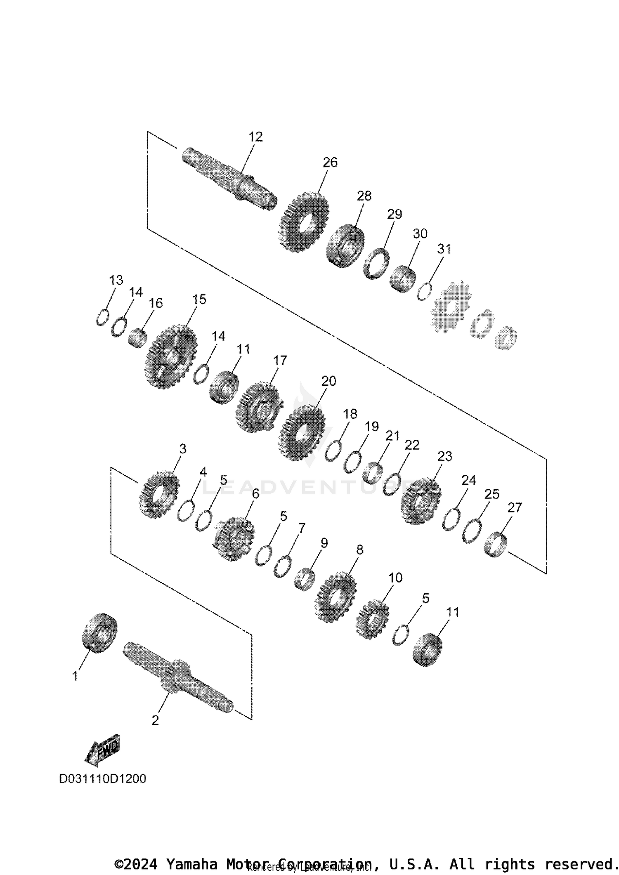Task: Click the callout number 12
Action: tap(255, 137)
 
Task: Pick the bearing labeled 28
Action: tap(345, 246)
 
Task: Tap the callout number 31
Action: tap(444, 249)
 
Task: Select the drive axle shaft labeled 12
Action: tap(229, 178)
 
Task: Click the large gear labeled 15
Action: tap(170, 356)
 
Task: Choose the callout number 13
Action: tap(116, 281)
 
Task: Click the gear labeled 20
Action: tap(301, 433)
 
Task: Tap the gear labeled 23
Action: tap(421, 501)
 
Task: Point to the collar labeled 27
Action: tap(496, 545)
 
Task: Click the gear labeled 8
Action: tap(335, 597)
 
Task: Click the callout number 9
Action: tap(324, 543)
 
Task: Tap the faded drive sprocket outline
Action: tap(450, 307)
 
